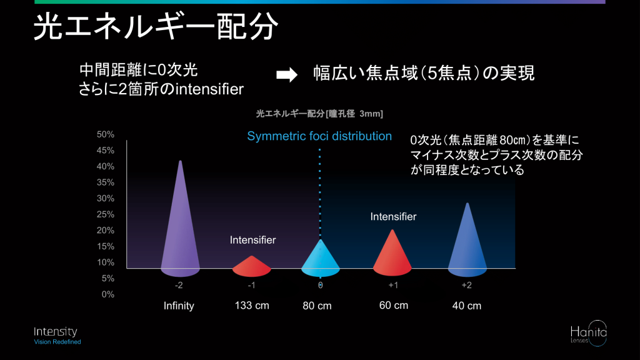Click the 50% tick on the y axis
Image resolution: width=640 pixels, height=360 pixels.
tap(105, 134)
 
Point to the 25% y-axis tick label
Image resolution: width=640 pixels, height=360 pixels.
tap(105, 214)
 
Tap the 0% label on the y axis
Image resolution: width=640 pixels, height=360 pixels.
tap(107, 294)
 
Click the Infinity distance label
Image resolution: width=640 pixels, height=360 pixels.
tap(179, 306)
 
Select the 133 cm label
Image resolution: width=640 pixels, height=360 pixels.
tap(252, 306)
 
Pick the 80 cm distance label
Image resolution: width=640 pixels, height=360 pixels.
tap(317, 306)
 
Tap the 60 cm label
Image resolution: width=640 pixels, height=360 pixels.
tap(394, 305)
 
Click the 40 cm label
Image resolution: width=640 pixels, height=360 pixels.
tap(467, 306)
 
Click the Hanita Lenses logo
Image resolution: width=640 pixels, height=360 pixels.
tap(588, 334)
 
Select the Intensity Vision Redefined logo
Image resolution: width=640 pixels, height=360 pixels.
tap(57, 336)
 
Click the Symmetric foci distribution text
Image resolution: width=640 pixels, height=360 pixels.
tap(319, 136)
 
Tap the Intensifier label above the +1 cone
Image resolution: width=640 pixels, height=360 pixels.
tap(393, 217)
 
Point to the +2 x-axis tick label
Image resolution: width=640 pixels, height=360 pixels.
tap(466, 285)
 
